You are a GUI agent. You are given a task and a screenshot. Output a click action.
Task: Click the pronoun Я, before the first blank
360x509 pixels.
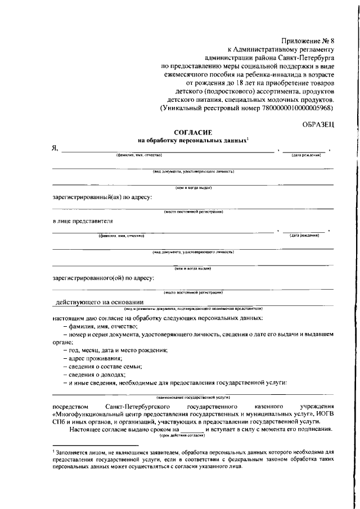point(55,149)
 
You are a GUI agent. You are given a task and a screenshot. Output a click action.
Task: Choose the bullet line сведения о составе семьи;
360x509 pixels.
point(102,366)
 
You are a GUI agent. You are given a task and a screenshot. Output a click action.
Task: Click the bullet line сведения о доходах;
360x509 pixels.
point(94,374)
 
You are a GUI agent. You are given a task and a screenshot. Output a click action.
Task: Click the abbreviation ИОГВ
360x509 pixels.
point(323,414)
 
